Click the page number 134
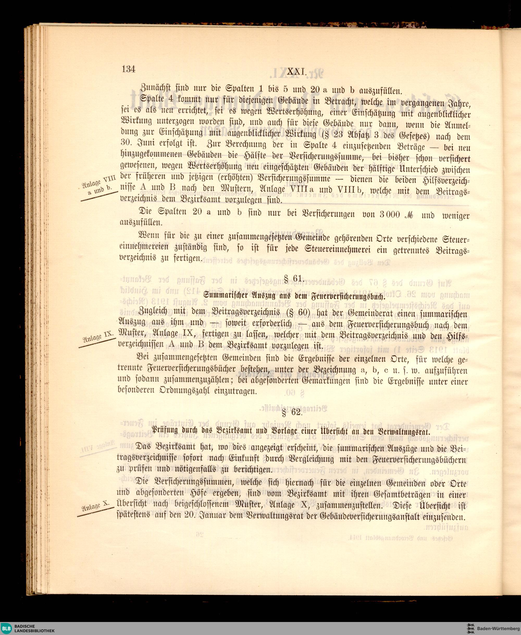click(128, 69)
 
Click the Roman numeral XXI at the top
click(296, 72)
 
